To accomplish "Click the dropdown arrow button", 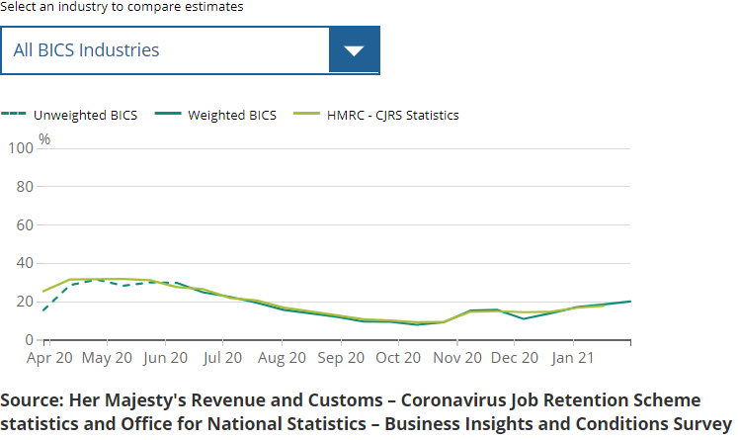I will pyautogui.click(x=354, y=49).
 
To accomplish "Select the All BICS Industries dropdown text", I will pyautogui.click(x=86, y=49).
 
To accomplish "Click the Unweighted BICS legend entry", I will pyautogui.click(x=85, y=115).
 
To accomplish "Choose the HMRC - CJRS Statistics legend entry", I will pyautogui.click(x=393, y=115).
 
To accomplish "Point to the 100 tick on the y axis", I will pyautogui.click(x=21, y=147).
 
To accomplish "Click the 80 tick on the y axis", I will pyautogui.click(x=25, y=186).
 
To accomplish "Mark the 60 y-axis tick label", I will pyautogui.click(x=25, y=224).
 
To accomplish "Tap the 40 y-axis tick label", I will pyautogui.click(x=25, y=263).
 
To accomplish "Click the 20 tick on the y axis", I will pyautogui.click(x=25, y=302).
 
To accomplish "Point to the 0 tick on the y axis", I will pyautogui.click(x=29, y=340).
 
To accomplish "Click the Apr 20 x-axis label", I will pyautogui.click(x=51, y=358).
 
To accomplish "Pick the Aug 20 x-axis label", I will pyautogui.click(x=282, y=358).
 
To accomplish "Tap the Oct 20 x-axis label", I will pyautogui.click(x=398, y=358).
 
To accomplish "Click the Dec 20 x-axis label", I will pyautogui.click(x=515, y=358).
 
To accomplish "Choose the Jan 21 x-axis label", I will pyautogui.click(x=574, y=358).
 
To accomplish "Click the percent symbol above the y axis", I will pyautogui.click(x=44, y=139).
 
